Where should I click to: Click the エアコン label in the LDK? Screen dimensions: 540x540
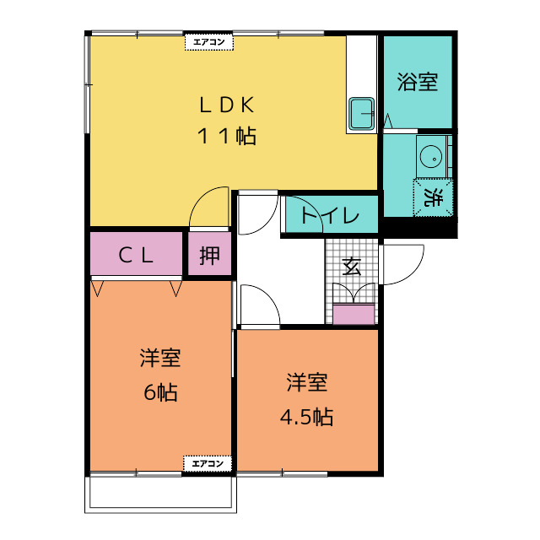click(208, 42)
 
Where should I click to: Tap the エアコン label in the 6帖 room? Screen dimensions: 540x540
click(208, 463)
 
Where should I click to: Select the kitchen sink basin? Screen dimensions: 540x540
click(361, 114)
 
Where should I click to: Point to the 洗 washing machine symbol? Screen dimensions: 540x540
click(433, 197)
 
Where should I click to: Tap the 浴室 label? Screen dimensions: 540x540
click(418, 82)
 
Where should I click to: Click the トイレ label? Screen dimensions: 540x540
click(330, 215)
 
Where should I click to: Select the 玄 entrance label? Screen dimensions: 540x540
click(352, 267)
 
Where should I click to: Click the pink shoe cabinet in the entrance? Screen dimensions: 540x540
click(354, 314)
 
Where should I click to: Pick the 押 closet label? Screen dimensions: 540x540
click(209, 255)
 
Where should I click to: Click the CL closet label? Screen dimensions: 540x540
click(135, 256)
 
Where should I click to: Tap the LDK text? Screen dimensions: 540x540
click(227, 105)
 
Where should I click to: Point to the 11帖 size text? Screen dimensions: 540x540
click(227, 136)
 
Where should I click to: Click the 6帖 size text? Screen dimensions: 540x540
click(160, 391)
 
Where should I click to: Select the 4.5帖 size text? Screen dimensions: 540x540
click(306, 417)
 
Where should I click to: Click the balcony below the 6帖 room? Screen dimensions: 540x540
click(160, 493)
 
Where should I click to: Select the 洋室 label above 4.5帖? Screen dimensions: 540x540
click(306, 382)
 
